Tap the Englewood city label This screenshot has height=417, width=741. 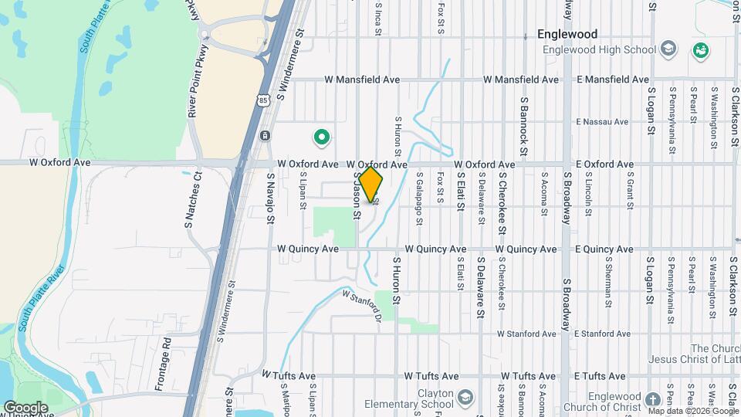click(568, 35)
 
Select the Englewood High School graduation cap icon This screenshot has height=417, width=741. click(668, 50)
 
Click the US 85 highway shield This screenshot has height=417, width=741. click(264, 100)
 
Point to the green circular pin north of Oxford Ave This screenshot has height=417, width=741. click(321, 138)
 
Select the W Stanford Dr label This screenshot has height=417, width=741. click(363, 303)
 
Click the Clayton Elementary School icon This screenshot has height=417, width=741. click(465, 398)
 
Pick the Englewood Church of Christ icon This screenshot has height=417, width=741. click(652, 399)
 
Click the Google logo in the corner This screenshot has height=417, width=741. click(25, 407)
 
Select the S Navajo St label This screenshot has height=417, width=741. click(271, 199)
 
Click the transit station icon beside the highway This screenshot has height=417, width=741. click(265, 136)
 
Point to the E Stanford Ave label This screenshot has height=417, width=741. click(603, 334)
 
